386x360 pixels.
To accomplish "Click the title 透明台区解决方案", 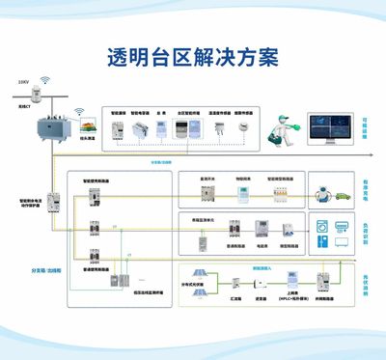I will [192, 56].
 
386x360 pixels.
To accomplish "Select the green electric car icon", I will [341, 195].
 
